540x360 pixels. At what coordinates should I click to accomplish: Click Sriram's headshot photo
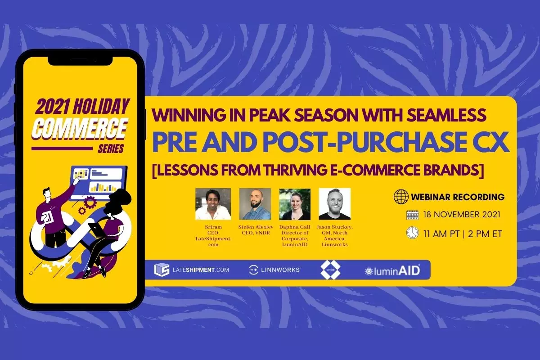click(213, 204)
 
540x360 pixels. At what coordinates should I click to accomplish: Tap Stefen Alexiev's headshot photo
click(255, 204)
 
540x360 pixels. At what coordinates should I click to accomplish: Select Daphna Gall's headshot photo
click(295, 204)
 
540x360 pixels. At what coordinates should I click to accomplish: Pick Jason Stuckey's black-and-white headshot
click(334, 204)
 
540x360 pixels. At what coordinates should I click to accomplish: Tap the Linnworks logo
click(274, 270)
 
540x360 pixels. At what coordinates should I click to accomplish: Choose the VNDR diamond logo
click(330, 270)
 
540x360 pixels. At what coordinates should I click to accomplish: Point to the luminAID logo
click(392, 270)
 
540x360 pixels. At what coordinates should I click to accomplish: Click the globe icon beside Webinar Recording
click(400, 197)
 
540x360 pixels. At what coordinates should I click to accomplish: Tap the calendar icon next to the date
click(412, 215)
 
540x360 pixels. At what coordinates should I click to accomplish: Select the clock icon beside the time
click(412, 233)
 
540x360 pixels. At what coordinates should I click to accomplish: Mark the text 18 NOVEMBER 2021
click(462, 215)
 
